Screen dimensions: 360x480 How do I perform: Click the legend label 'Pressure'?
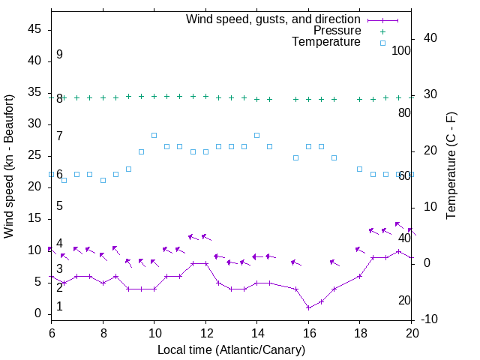337,31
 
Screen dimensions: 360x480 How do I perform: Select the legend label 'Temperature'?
326,42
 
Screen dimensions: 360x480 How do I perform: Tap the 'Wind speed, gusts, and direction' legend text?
274,19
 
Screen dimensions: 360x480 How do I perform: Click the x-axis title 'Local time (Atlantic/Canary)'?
232,349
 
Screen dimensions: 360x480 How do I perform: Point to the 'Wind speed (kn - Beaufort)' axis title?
10,166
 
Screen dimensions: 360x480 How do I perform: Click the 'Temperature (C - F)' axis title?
451,166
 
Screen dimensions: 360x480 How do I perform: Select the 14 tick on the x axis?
257,331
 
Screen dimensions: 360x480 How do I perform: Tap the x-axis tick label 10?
154,331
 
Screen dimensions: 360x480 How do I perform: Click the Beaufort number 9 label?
59,55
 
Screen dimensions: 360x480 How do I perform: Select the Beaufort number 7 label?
59,136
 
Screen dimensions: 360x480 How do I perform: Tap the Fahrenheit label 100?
402,50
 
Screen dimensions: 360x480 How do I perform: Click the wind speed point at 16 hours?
308,307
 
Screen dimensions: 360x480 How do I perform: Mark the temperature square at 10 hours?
154,135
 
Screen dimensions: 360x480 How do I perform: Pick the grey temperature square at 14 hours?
257,135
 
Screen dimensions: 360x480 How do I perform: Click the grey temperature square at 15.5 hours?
295,157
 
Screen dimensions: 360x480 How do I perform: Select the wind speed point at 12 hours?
205,263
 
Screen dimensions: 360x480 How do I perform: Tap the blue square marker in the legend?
382,43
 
